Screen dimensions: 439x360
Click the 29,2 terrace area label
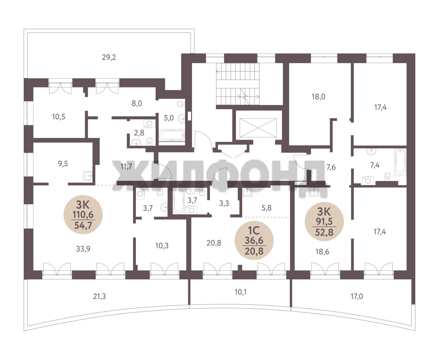pyautogui.click(x=109, y=57)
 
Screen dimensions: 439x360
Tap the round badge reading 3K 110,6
pyautogui.click(x=83, y=214)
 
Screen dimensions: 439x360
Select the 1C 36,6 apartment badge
pyautogui.click(x=254, y=241)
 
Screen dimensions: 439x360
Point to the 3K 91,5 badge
pyautogui.click(x=324, y=222)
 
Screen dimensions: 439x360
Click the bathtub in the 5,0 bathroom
pyautogui.click(x=172, y=136)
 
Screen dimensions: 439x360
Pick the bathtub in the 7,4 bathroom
pyautogui.click(x=400, y=162)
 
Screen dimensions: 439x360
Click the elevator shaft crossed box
pyautogui.click(x=258, y=128)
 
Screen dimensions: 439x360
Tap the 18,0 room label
pyautogui.click(x=318, y=97)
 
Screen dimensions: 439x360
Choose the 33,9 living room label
pyautogui.click(x=83, y=249)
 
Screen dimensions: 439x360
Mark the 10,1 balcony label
pyautogui.click(x=240, y=292)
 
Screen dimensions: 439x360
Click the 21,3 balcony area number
pyautogui.click(x=99, y=296)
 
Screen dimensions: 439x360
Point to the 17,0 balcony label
pyautogui.click(x=357, y=296)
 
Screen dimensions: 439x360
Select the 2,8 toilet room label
pyautogui.click(x=139, y=133)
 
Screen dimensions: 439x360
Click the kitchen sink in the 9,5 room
pyautogui.click(x=88, y=176)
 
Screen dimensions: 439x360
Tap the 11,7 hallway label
pyautogui.click(x=126, y=166)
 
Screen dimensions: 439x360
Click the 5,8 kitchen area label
pyautogui.click(x=266, y=208)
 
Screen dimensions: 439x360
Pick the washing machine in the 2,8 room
pyautogui.click(x=149, y=124)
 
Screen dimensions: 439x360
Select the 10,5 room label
pyautogui.click(x=59, y=117)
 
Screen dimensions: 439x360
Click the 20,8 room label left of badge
pyautogui.click(x=214, y=243)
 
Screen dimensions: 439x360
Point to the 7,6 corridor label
pyautogui.click(x=331, y=167)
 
